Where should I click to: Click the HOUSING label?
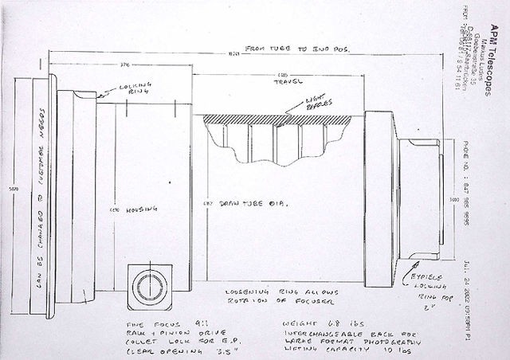pos(132,209)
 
